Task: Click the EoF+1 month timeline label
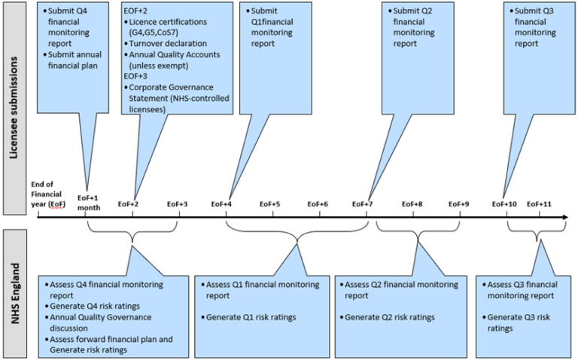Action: [89, 201]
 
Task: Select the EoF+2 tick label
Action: [129, 204]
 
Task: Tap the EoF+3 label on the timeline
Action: [177, 204]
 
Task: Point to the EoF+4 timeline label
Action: [221, 204]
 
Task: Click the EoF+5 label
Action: [269, 204]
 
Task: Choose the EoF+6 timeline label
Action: [318, 204]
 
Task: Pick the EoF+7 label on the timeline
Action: [363, 204]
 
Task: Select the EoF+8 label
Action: [412, 204]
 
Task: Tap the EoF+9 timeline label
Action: [459, 204]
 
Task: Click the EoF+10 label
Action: [504, 204]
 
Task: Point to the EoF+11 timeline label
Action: [539, 204]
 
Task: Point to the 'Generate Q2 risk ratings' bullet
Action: [389, 317]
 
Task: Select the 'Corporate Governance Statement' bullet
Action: [178, 93]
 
